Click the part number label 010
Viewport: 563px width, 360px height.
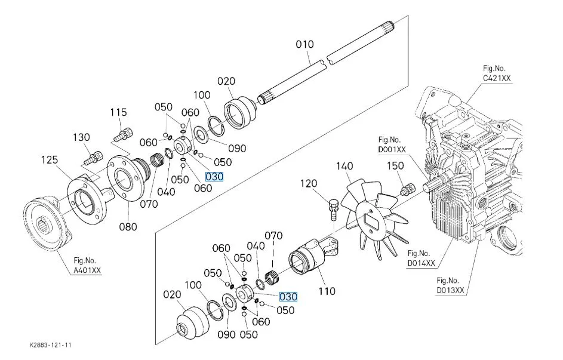(304, 44)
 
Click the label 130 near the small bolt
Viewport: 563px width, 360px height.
(81, 137)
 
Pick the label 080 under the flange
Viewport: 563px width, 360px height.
(128, 226)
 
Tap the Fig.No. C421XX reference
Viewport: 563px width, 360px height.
(497, 73)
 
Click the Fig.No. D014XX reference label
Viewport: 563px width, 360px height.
(422, 258)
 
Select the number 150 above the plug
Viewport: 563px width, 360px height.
(396, 165)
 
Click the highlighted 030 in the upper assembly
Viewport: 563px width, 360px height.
(213, 176)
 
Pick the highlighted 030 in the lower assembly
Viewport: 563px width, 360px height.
(288, 296)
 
